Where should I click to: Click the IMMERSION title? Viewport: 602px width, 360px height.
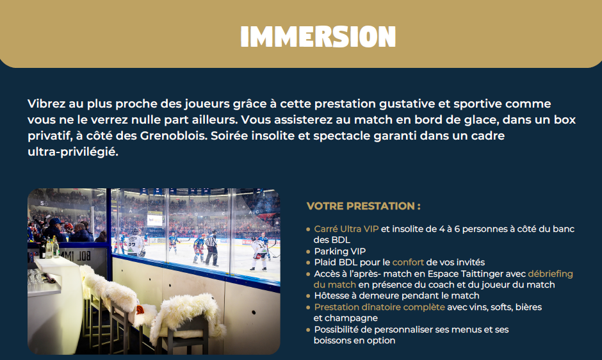click(318, 37)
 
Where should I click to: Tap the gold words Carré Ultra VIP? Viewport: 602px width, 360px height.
click(346, 229)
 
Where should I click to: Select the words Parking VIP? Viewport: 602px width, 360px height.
click(340, 251)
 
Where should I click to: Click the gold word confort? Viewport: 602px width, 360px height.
click(408, 263)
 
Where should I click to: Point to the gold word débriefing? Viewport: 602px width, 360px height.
click(550, 274)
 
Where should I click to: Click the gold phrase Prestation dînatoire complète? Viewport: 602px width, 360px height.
click(379, 307)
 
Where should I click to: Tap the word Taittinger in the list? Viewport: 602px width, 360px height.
click(473, 274)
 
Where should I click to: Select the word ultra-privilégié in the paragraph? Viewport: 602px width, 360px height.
click(73, 152)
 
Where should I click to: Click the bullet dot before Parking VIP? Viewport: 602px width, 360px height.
click(308, 252)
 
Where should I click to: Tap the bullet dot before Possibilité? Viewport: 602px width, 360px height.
click(308, 330)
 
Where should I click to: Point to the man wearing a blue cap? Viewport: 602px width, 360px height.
click(55, 230)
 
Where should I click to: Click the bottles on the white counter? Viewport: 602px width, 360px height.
click(51, 248)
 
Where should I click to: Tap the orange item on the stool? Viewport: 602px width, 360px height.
click(140, 309)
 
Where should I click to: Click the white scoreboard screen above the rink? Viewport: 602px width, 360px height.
click(155, 220)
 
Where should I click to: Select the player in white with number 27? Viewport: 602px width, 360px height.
click(135, 243)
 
